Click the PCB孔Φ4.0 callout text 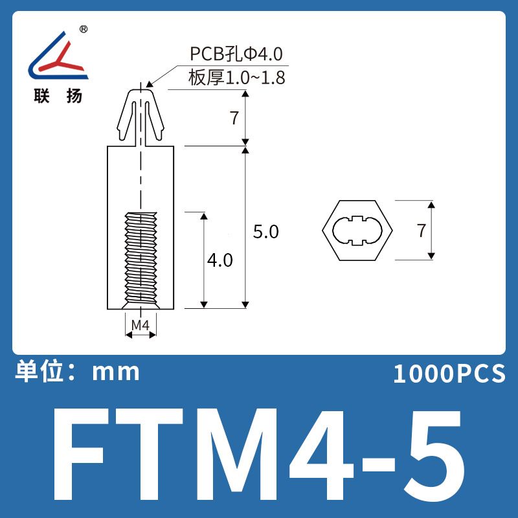pos(236,54)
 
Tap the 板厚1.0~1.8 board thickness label pos(236,78)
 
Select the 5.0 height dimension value pos(266,232)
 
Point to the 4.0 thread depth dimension pos(220,260)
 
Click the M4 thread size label pos(141,325)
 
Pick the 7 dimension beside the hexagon pos(422,231)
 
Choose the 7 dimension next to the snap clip pos(234,118)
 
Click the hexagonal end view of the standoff pos(357,231)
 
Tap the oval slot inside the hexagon pos(357,231)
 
